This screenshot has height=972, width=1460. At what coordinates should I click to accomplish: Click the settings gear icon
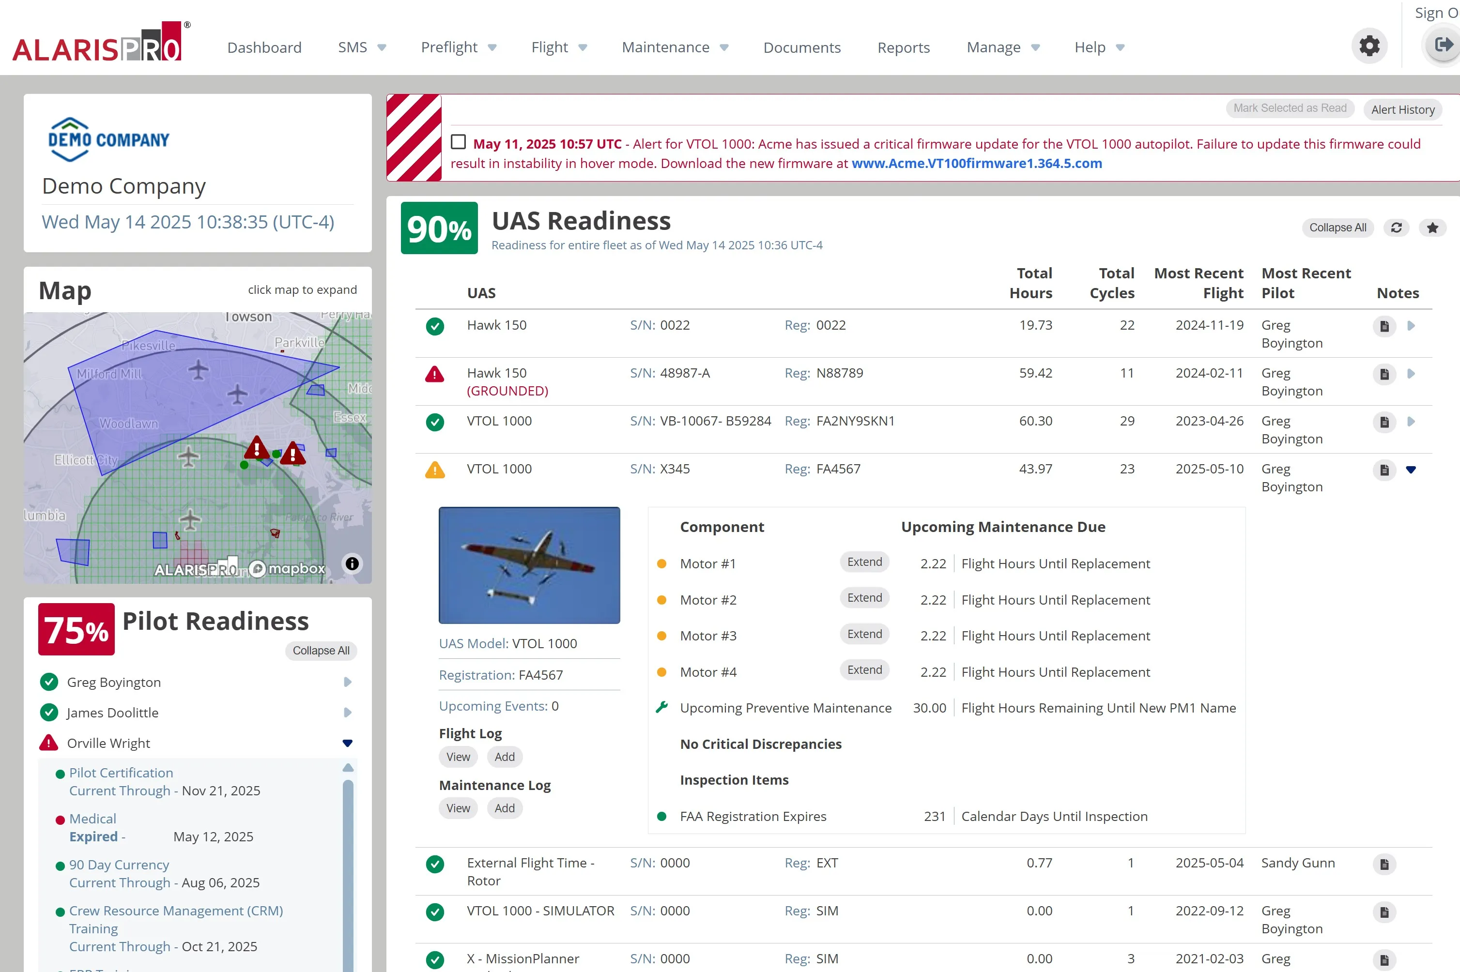(1369, 46)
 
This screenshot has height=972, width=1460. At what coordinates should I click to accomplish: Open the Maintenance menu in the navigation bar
(674, 48)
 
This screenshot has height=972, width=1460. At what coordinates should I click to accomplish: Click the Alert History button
(1402, 110)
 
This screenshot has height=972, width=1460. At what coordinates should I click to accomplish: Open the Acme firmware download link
(976, 164)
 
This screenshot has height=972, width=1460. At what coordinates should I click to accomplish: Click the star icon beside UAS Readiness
(1432, 228)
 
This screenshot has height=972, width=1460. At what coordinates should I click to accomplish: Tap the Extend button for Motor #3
(864, 634)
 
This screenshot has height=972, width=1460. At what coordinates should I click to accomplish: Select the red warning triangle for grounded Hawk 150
(434, 374)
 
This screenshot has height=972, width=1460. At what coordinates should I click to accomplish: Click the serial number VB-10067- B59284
(715, 422)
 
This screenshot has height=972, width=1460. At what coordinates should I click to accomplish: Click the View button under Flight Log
(458, 757)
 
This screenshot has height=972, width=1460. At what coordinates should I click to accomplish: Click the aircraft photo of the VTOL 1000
(529, 565)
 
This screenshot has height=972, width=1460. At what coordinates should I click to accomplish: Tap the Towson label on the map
(248, 317)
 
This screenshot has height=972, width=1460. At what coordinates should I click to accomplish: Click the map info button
(352, 563)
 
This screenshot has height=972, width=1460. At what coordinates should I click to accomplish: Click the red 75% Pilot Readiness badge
(76, 629)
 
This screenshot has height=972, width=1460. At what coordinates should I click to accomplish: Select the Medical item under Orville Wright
(92, 819)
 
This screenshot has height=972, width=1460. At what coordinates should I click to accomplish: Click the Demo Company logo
(108, 139)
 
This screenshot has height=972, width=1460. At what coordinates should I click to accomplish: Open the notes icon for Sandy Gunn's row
(1384, 864)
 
